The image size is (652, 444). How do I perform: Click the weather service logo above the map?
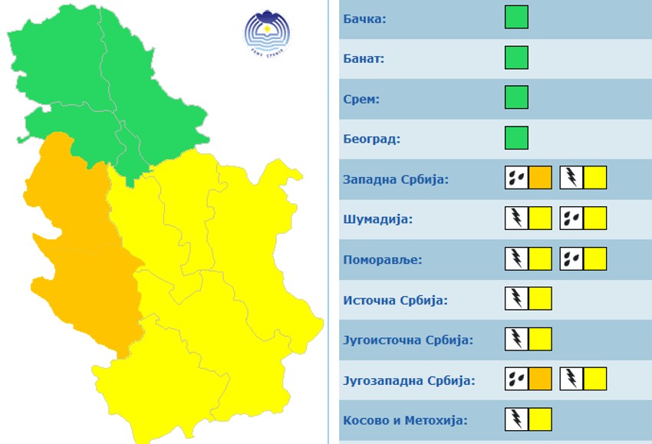[x=267, y=33]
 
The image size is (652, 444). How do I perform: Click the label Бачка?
[x=365, y=18]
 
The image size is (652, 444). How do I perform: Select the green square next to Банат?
[x=516, y=58]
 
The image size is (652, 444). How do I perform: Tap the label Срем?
[x=362, y=99]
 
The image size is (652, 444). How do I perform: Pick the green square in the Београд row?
[x=516, y=138]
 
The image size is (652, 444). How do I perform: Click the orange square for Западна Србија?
[x=540, y=178]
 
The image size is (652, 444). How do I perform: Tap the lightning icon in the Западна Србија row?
[x=571, y=178]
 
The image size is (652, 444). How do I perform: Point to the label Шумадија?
[x=378, y=219]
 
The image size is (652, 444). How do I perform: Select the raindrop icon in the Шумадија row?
[x=571, y=219]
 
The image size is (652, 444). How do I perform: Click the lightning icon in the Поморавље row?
[x=516, y=258]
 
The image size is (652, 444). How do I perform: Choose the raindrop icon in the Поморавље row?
[x=571, y=258]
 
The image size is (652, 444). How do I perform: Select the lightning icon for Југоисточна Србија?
[x=516, y=339]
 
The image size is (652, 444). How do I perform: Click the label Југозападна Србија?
[x=409, y=380]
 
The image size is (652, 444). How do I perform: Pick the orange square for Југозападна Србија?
[x=540, y=379]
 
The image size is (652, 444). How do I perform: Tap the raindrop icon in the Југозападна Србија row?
[x=516, y=379]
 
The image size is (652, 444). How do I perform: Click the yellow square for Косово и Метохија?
[x=540, y=419]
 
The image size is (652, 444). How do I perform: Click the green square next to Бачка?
[x=516, y=17]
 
